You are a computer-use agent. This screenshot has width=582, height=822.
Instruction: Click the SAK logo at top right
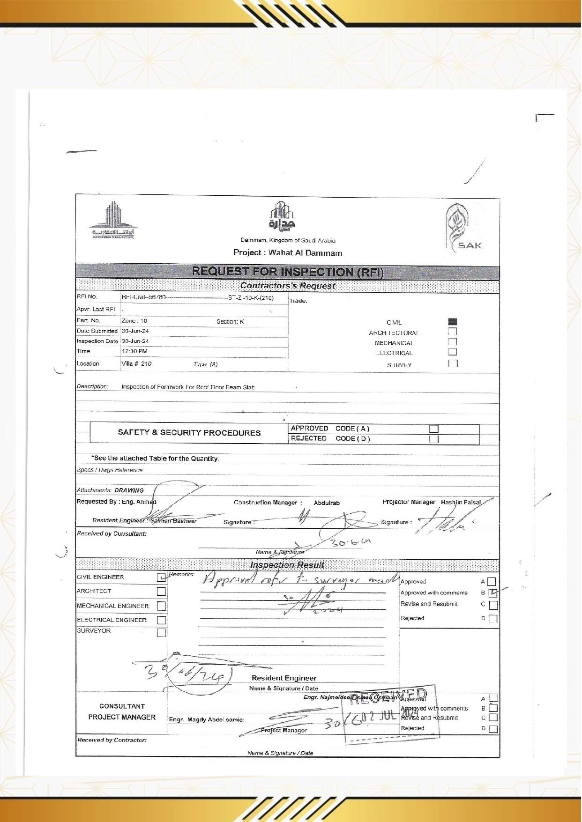[x=464, y=228]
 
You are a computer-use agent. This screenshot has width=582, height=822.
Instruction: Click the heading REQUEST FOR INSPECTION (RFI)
[x=287, y=272]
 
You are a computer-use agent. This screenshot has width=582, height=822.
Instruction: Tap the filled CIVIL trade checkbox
[x=452, y=322]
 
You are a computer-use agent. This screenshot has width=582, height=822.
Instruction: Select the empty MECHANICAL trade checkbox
[x=452, y=342]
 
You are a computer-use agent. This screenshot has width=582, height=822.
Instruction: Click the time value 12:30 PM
[x=134, y=351]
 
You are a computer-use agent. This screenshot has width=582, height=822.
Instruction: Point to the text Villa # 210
[x=136, y=363]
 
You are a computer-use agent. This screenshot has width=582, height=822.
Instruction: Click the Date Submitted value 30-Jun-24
[x=135, y=331]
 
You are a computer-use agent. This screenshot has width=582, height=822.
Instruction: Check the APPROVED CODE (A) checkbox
[x=433, y=429]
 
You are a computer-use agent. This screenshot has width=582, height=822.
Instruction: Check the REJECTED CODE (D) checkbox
[x=433, y=439]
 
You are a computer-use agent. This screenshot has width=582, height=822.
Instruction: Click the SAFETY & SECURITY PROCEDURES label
[x=189, y=433]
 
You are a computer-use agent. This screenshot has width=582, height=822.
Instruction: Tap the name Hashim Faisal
[x=461, y=502]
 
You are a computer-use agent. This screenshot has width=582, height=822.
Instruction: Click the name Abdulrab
[x=327, y=503]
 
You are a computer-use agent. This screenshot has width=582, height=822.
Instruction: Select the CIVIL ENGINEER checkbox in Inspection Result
[x=161, y=578]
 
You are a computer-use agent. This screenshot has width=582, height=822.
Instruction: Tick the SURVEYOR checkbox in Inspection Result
[x=161, y=633]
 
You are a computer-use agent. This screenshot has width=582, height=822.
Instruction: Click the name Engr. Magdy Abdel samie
[x=207, y=719]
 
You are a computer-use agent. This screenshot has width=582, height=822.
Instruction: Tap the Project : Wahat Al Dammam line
[x=287, y=253]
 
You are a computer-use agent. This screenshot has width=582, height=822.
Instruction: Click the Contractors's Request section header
[x=287, y=286]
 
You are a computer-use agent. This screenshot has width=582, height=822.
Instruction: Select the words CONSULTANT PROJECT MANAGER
[x=122, y=711]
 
